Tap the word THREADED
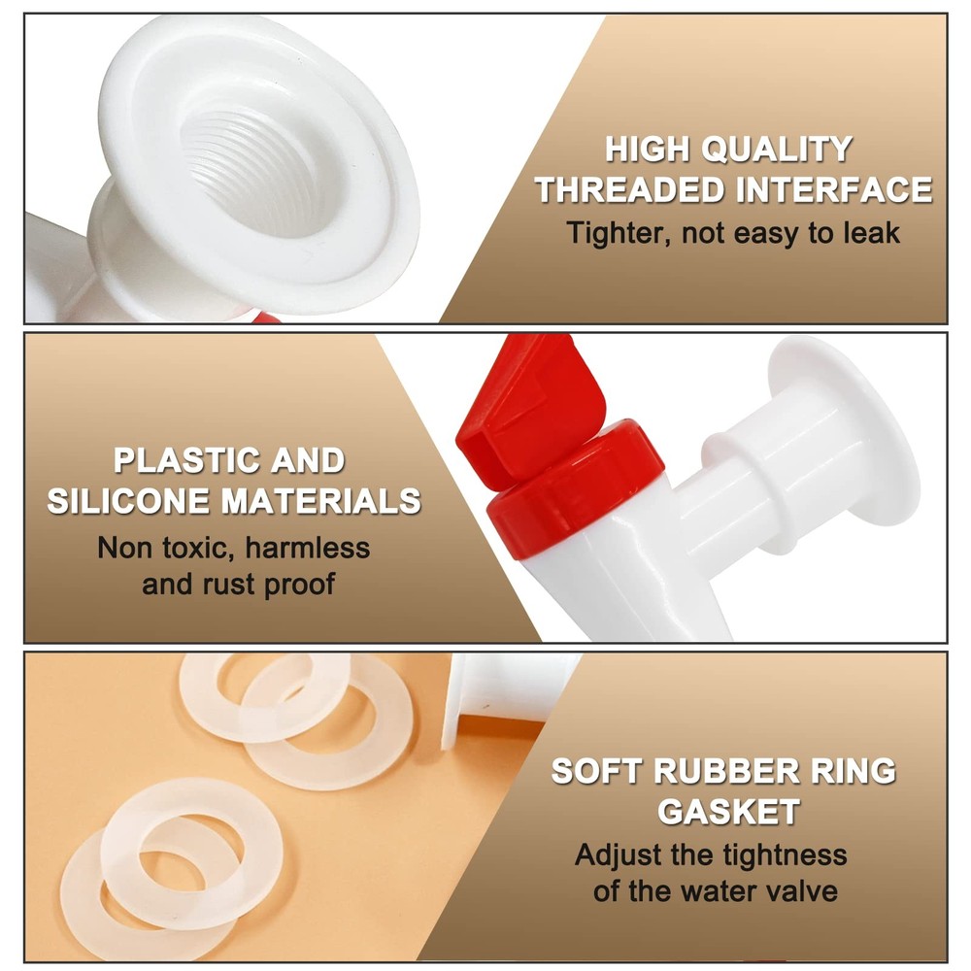tap(630, 189)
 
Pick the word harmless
tap(307, 548)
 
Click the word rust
tap(228, 584)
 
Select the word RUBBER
tap(727, 772)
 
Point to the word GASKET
tap(728, 812)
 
